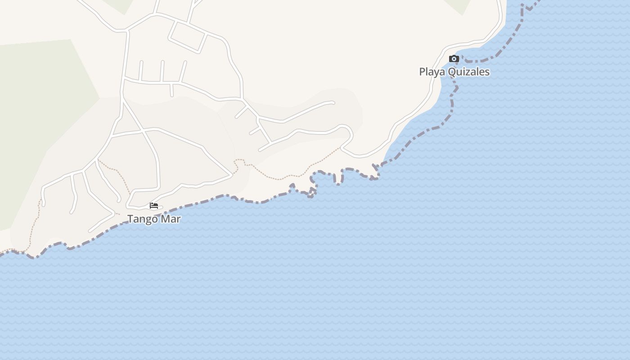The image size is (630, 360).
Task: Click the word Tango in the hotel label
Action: [141, 219]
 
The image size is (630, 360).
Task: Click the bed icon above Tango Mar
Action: [154, 206]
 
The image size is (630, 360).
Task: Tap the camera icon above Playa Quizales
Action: [454, 58]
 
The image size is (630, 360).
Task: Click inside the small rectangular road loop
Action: [188, 36]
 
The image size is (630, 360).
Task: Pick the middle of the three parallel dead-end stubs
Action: [162, 71]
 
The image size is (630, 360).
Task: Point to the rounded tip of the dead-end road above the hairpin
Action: [333, 103]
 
